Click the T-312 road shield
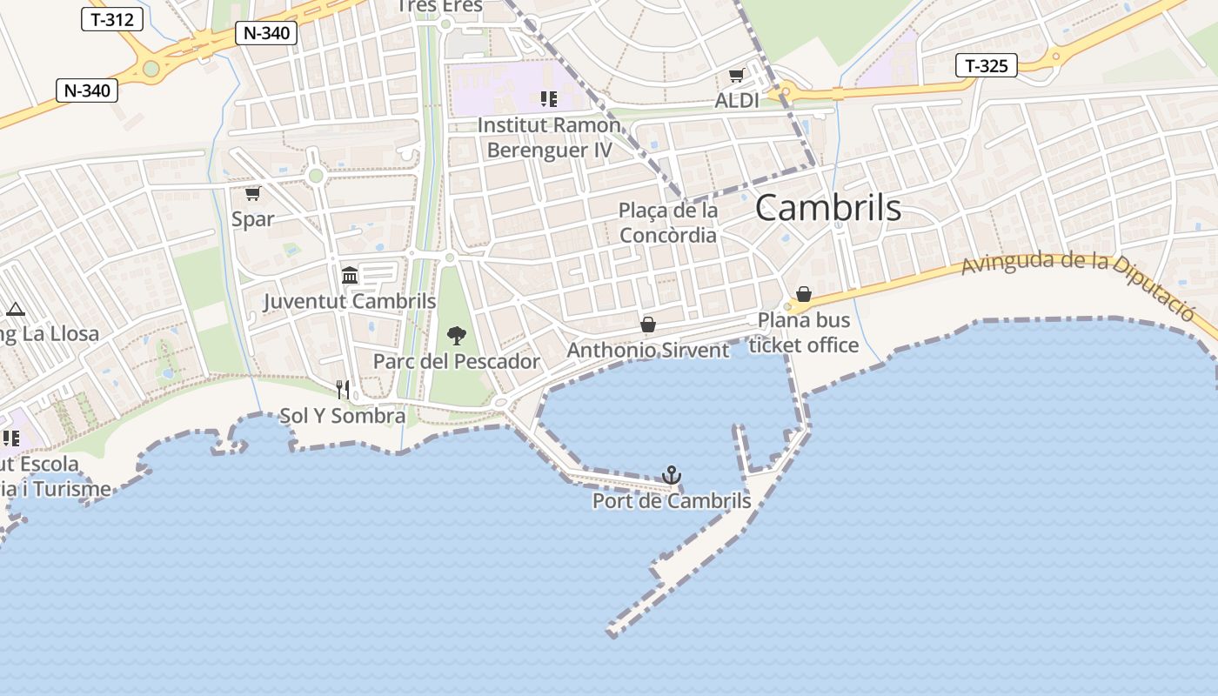point(112,19)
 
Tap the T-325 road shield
point(987,65)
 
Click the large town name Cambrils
point(827,208)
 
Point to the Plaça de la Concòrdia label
point(668,223)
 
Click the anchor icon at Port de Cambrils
point(671,475)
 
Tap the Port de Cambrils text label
point(672,501)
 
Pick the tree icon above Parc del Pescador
point(456,336)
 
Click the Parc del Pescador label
point(457,361)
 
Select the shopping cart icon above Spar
point(252,193)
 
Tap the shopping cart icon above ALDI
point(737,76)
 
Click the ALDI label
point(737,101)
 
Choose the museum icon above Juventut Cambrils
point(350,276)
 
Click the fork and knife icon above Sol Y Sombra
point(343,390)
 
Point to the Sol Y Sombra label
point(343,416)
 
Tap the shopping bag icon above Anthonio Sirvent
point(648,325)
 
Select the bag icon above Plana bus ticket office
point(804,294)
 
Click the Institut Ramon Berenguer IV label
point(549,137)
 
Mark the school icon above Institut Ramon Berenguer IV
point(548,99)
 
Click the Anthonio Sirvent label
point(648,351)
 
